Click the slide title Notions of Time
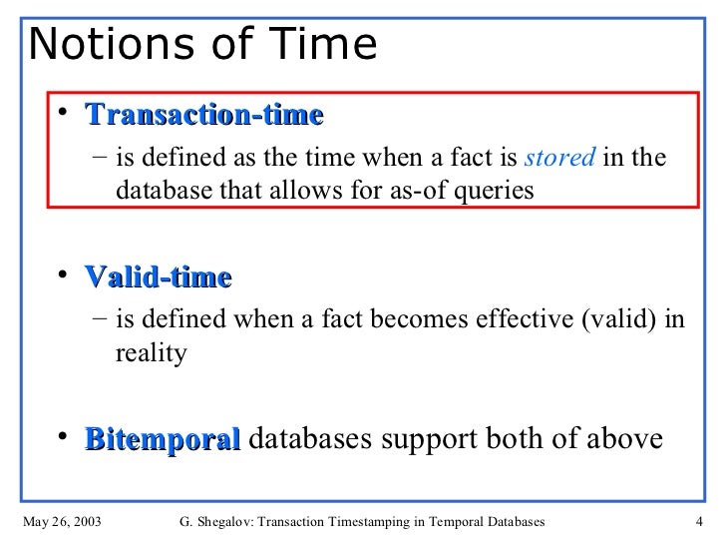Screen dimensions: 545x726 tap(203, 44)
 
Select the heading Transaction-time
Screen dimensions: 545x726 tap(204, 116)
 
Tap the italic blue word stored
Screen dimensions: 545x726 tap(572, 159)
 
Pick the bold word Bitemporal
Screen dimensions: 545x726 tap(163, 439)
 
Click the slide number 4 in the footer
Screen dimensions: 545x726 tap(698, 521)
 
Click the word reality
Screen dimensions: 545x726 tap(151, 352)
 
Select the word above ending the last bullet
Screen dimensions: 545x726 tap(626, 439)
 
